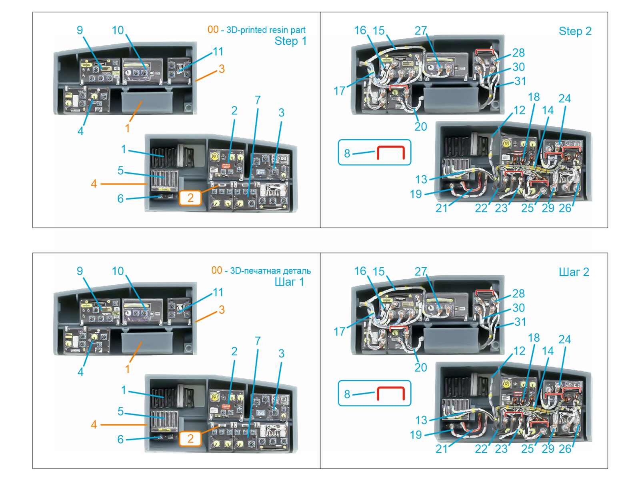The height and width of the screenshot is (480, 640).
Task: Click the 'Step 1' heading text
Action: point(290,41)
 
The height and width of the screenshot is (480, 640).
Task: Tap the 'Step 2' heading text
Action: point(575,31)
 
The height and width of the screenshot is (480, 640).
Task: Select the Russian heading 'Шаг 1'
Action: point(289,282)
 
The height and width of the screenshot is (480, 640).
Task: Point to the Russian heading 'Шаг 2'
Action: point(574,272)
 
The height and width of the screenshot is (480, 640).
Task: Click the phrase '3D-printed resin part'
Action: point(266,30)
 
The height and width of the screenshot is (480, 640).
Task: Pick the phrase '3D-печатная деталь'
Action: point(270,271)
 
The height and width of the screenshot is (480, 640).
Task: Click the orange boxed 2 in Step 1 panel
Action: point(190,198)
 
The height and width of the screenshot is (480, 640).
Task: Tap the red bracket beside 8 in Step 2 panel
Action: point(390,153)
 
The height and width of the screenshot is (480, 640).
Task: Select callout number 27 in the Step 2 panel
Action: point(421,30)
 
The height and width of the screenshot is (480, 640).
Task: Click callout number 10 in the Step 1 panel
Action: point(118,30)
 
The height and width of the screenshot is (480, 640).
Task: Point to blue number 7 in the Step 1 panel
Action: point(258,100)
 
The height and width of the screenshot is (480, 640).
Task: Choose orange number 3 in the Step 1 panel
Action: point(222,69)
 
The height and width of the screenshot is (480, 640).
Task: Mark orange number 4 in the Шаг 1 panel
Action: point(94,424)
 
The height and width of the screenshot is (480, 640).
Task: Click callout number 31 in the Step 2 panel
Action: point(520,81)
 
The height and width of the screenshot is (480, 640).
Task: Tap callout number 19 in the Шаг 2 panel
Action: point(416,435)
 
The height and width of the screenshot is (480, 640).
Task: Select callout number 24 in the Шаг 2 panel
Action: point(564,339)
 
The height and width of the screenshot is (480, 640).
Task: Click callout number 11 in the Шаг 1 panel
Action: point(218,292)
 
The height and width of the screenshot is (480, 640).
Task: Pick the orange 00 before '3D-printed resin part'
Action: point(213,30)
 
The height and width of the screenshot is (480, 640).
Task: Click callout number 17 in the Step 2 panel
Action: point(339,91)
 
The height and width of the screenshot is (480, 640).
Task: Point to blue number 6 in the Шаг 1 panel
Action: point(120,439)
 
